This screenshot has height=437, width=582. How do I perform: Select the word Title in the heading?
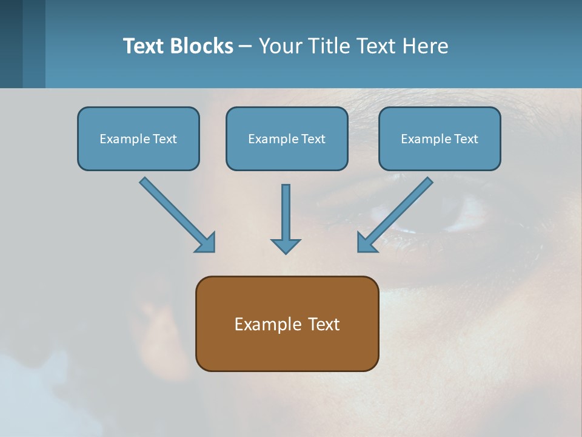329,46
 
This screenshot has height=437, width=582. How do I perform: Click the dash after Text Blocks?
246,47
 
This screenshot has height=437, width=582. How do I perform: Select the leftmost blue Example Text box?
138,138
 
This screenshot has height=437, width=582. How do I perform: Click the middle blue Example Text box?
287,138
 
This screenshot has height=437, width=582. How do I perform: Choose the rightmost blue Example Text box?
440,138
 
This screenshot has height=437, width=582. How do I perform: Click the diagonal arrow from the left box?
176,214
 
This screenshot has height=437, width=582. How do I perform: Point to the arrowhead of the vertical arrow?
286,246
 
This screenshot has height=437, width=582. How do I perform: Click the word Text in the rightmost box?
466,139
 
